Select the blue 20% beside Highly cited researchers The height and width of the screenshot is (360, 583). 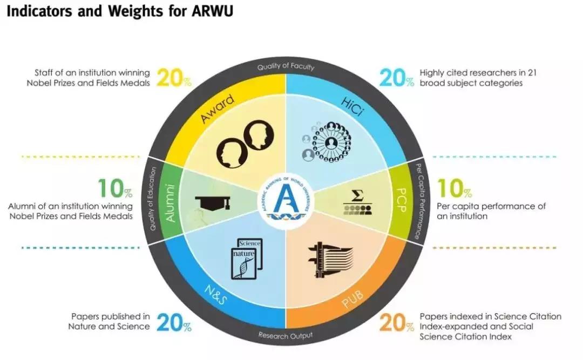tap(396, 78)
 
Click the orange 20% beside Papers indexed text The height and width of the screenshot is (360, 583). tap(396, 323)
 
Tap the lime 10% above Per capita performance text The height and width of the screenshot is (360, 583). tap(454, 188)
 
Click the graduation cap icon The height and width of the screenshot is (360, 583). tap(212, 203)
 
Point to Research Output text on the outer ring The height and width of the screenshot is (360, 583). tap(285, 335)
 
